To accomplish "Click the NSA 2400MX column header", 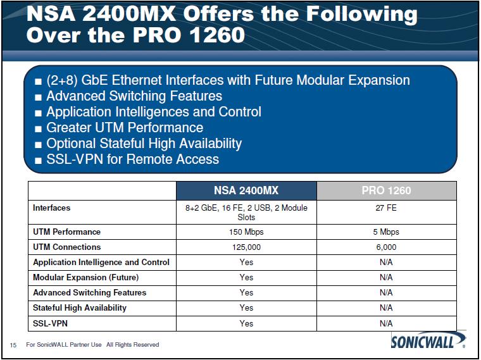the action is pyautogui.click(x=246, y=190).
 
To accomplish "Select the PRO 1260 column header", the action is pyautogui.click(x=386, y=190).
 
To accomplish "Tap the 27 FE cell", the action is pyautogui.click(x=386, y=208).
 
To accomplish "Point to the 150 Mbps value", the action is pyautogui.click(x=246, y=232).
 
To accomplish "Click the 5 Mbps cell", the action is pyautogui.click(x=386, y=232).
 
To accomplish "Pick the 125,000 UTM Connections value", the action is pyautogui.click(x=246, y=247).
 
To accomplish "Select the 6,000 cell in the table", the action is pyautogui.click(x=386, y=247).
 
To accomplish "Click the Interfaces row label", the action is pyautogui.click(x=51, y=208).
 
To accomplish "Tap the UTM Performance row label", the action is pyautogui.click(x=66, y=232).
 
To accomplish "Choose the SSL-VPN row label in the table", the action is pyautogui.click(x=50, y=323).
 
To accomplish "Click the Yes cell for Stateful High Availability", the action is pyautogui.click(x=246, y=308).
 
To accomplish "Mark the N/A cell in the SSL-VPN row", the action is pyautogui.click(x=386, y=323).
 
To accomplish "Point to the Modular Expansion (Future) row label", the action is pyautogui.click(x=85, y=278).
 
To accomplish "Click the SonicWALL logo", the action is pyautogui.click(x=428, y=340).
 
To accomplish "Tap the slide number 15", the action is pyautogui.click(x=13, y=345).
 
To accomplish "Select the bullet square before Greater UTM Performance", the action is pyautogui.click(x=38, y=129).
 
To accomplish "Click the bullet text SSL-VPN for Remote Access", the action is pyautogui.click(x=132, y=159).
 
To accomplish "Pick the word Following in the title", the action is pyautogui.click(x=361, y=15).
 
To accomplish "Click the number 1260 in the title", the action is pyautogui.click(x=217, y=35).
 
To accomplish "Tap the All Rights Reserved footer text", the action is pyautogui.click(x=132, y=345).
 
